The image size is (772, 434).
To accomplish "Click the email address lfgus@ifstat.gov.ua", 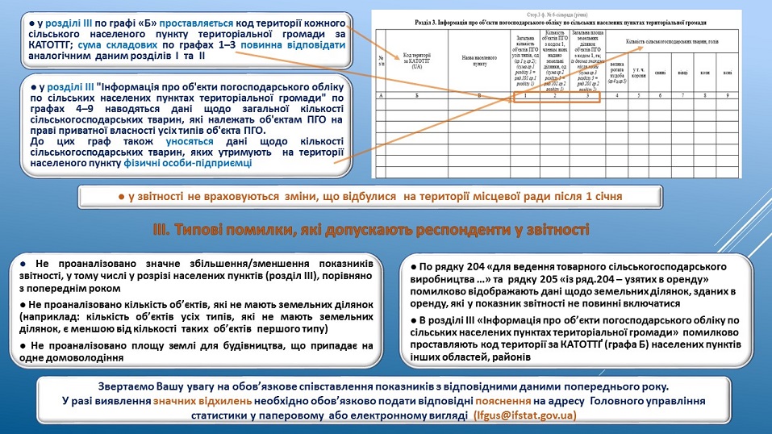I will coord(524,415).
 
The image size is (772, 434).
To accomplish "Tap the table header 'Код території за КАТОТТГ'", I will coord(417,61).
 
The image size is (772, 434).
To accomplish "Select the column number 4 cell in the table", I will coord(616,95).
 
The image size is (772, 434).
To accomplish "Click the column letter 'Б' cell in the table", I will coord(417,95).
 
